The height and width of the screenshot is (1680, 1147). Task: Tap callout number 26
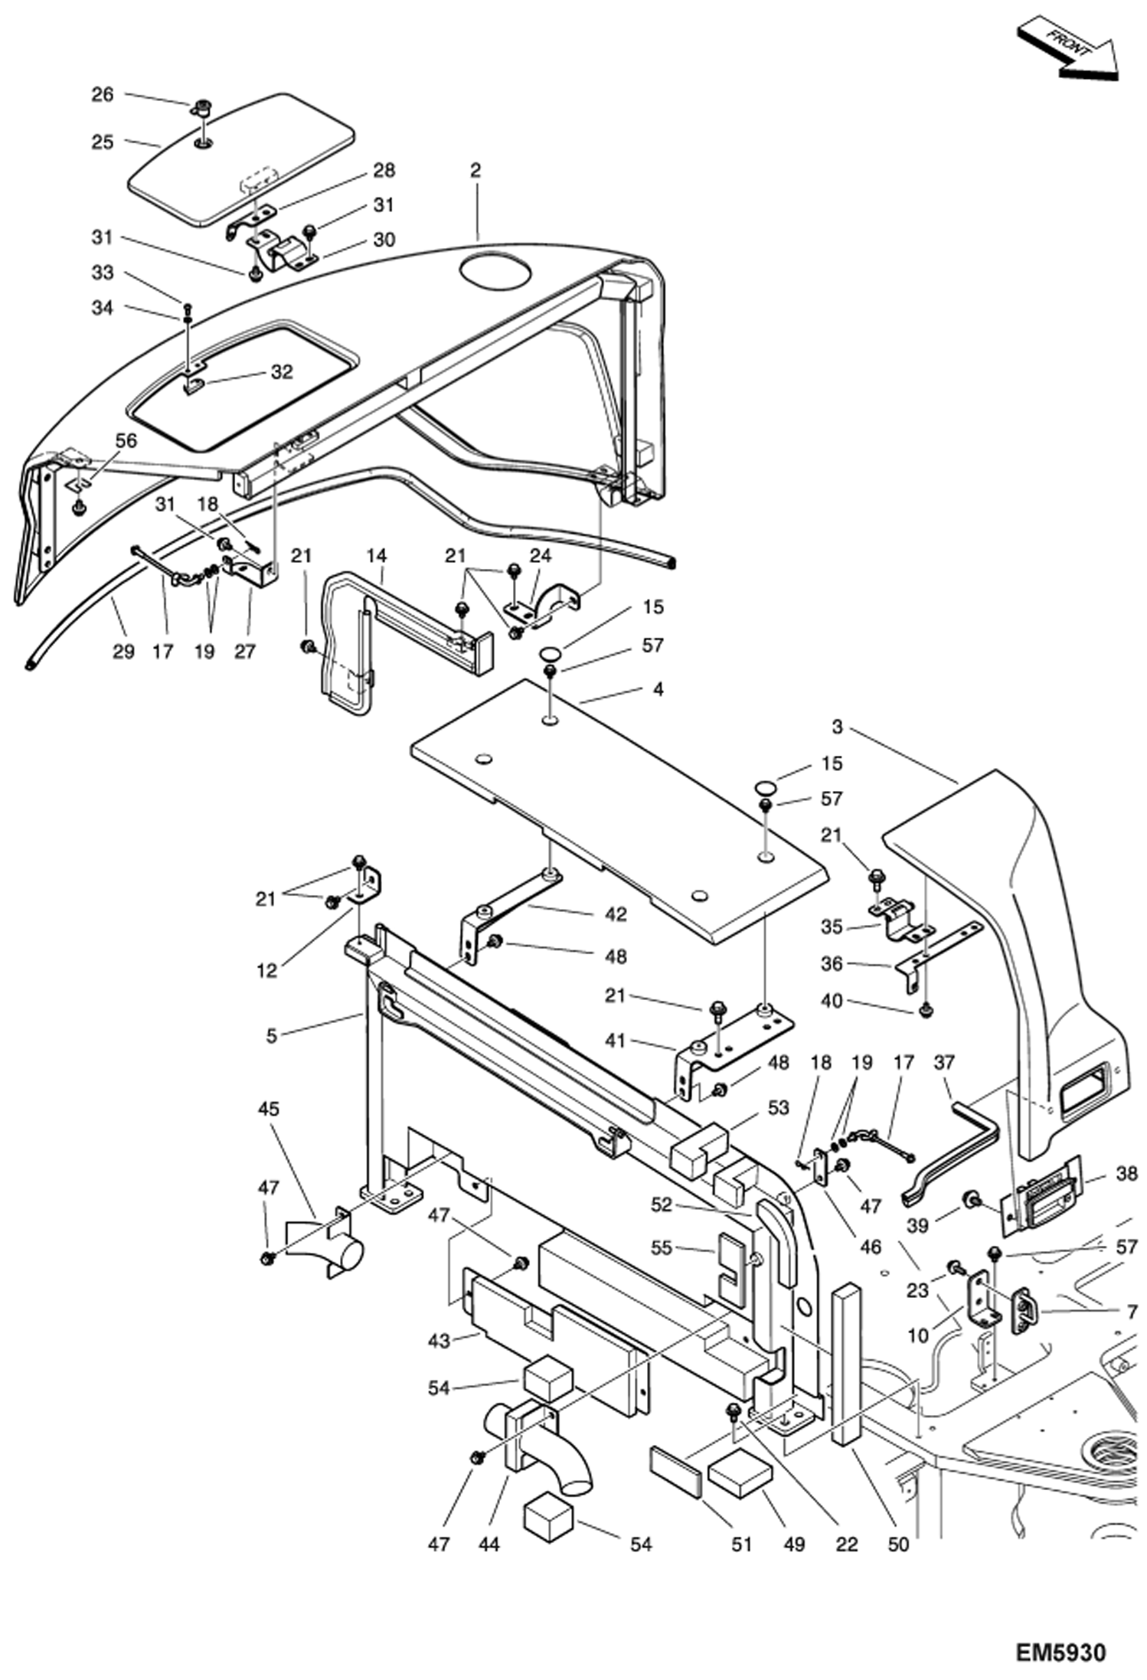point(103,94)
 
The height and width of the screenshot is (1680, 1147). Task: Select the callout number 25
point(103,142)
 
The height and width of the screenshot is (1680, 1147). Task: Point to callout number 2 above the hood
point(475,170)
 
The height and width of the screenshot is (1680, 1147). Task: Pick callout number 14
point(377,555)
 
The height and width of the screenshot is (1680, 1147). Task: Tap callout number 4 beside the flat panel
point(657,688)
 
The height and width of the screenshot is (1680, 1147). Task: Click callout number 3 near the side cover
point(837,726)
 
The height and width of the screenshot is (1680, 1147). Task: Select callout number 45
point(269,1108)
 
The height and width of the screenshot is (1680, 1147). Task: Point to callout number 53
point(778,1108)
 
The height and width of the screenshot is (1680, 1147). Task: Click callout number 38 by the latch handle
point(1126,1173)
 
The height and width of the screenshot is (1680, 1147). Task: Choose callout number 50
point(897,1544)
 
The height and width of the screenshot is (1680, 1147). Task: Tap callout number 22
point(846,1544)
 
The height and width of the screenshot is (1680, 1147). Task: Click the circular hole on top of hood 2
point(494,273)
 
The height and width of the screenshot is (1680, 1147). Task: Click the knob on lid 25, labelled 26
point(203,106)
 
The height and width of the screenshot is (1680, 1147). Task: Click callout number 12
point(266,970)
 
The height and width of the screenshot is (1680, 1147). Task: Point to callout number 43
point(438,1341)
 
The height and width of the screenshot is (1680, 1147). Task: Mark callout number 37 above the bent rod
point(944,1062)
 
